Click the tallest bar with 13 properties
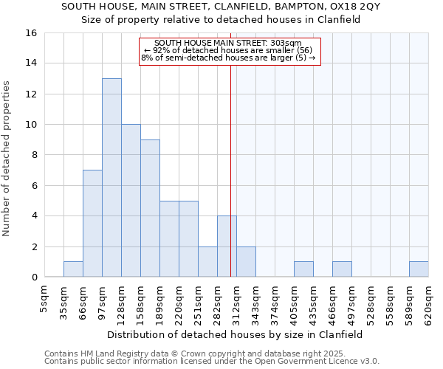tap(111, 177)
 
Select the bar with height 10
tap(131, 201)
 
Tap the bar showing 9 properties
tap(150, 208)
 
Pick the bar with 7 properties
tap(92, 223)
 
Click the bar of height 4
tap(227, 246)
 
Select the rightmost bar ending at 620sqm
tap(419, 269)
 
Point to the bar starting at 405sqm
tap(303, 269)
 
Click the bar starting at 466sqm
tap(342, 269)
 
